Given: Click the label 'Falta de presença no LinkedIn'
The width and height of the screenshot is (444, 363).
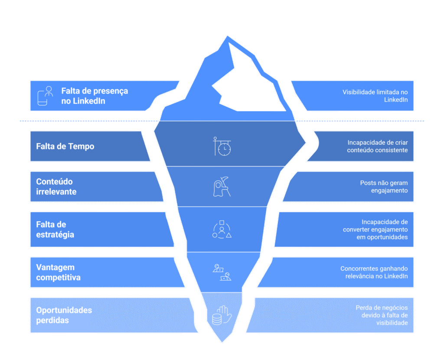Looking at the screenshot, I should click(x=95, y=96).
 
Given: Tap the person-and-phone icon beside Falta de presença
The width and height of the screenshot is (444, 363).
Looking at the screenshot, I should click(x=45, y=96).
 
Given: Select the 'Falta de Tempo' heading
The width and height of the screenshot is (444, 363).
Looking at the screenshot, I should click(x=65, y=146).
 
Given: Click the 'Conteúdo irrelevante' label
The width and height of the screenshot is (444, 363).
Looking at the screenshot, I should click(x=56, y=186).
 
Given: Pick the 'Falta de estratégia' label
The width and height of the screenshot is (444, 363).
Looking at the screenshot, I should click(x=55, y=229).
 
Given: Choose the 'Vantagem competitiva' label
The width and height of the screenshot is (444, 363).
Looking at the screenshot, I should click(x=58, y=272).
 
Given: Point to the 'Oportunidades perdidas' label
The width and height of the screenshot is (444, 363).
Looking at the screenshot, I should click(x=64, y=315).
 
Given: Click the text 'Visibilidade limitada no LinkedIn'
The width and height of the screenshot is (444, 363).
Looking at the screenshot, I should click(x=375, y=96).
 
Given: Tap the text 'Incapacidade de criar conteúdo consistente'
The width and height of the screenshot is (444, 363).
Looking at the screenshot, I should click(x=377, y=146).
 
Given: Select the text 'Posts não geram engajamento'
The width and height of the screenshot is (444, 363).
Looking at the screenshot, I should click(x=384, y=186).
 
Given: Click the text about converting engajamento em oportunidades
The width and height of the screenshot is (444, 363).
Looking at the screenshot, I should click(x=375, y=229).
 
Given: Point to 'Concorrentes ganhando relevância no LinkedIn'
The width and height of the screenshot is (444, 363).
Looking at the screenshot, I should click(x=374, y=272).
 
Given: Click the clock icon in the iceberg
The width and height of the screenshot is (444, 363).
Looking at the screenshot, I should click(x=222, y=146).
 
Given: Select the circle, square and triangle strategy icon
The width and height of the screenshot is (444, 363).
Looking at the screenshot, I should click(x=222, y=230).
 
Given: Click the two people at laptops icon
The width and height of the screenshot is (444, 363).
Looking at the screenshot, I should click(x=222, y=272).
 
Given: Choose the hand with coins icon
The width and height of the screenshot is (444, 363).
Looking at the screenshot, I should click(x=222, y=316).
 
